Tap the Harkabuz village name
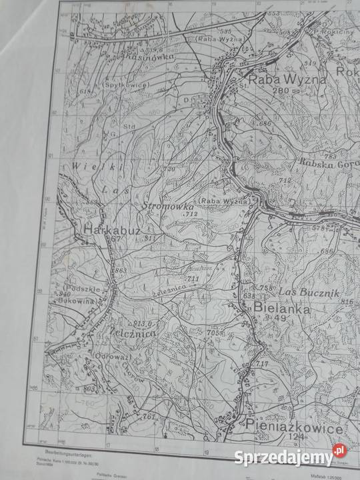coord(111,230)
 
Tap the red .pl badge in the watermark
coord(339,452)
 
